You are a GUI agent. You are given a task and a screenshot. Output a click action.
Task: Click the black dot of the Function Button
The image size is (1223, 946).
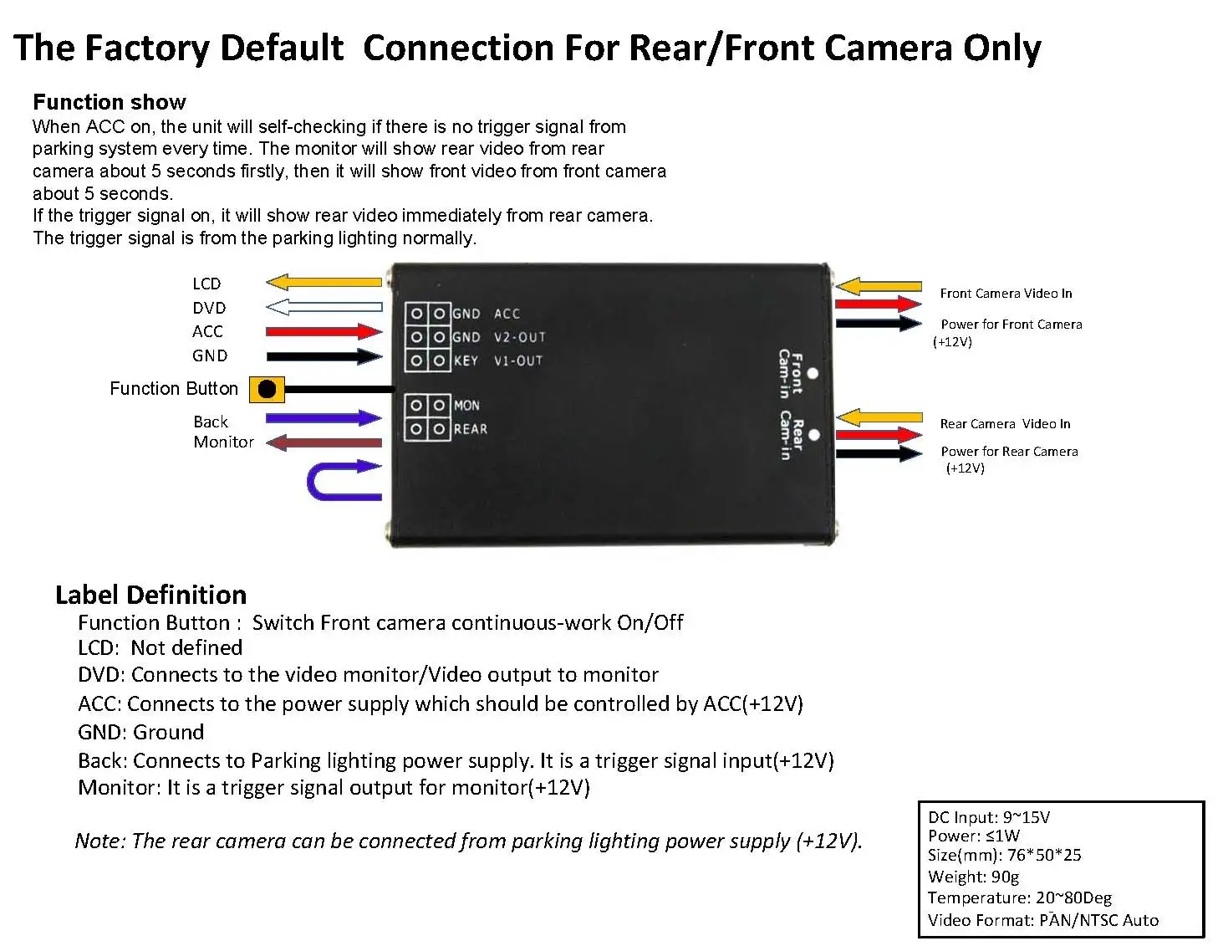tap(268, 389)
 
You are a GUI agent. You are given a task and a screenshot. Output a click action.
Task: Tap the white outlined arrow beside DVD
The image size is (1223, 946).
tap(324, 307)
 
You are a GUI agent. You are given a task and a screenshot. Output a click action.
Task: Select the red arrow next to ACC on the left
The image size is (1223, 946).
tap(324, 331)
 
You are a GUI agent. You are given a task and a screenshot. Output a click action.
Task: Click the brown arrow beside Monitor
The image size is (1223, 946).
tap(324, 442)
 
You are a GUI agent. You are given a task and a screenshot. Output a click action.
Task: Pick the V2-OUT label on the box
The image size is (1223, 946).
tap(519, 337)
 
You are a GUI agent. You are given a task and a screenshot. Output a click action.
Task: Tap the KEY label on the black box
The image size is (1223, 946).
tap(466, 361)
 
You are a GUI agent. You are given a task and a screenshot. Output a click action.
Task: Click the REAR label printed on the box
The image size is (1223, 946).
tap(470, 429)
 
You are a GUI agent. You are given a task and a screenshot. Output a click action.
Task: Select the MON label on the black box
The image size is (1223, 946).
tap(466, 406)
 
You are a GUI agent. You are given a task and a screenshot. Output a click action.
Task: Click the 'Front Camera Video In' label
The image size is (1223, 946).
tap(1005, 294)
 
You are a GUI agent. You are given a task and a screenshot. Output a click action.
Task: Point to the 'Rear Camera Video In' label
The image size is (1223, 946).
tap(1004, 424)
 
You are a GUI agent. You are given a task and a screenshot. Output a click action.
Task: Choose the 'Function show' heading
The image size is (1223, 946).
tap(110, 102)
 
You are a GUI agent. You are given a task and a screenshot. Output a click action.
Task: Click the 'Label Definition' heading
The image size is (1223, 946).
tap(150, 595)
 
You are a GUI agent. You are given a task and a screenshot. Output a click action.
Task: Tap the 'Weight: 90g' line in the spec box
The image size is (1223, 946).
tap(973, 877)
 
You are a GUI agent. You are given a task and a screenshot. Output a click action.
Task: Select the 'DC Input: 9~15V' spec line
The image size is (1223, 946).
tap(988, 817)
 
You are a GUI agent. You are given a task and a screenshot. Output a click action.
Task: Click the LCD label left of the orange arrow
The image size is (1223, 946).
tap(206, 284)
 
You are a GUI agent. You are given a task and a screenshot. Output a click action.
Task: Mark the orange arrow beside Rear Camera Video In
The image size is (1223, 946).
tap(879, 417)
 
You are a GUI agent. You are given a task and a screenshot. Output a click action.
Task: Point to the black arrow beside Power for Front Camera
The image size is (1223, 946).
tap(879, 322)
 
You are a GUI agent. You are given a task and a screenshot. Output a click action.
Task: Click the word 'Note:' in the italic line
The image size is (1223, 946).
tap(100, 841)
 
